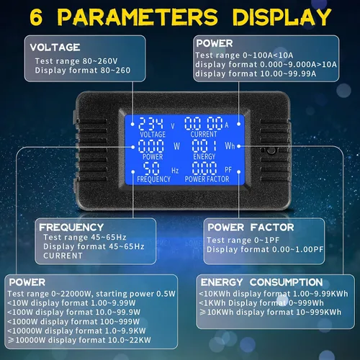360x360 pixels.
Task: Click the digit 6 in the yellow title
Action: [x=36, y=17]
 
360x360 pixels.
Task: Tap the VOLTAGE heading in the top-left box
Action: [x=55, y=48]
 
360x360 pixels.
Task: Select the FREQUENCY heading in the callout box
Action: [x=71, y=228]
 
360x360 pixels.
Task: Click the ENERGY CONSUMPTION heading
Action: [x=261, y=282]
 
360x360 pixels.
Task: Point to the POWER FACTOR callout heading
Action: [x=251, y=228]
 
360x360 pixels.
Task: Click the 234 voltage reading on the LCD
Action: [x=150, y=124]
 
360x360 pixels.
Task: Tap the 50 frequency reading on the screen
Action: [x=151, y=168]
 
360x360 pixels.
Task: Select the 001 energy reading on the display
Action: [x=204, y=145]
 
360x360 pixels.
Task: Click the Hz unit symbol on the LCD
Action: [x=175, y=171]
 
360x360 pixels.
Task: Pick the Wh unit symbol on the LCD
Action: [x=230, y=145]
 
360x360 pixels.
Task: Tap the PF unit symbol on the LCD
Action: [x=228, y=170]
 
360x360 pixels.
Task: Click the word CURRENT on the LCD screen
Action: [x=204, y=134]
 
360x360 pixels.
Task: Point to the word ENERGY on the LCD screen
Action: [x=204, y=156]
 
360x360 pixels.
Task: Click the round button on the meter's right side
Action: [x=271, y=150]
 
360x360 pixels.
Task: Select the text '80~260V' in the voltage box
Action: [x=100, y=61]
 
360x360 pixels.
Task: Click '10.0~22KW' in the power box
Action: [x=130, y=340]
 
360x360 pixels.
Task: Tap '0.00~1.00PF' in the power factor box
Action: [x=298, y=249]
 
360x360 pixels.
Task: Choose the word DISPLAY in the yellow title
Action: [x=282, y=17]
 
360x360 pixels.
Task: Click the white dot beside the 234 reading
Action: [x=132, y=124]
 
